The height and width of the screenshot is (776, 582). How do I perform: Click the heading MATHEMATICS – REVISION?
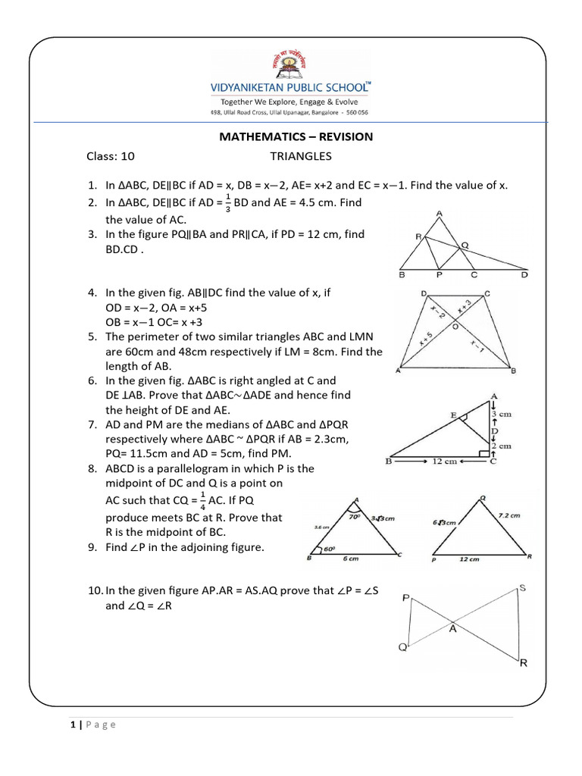pyautogui.click(x=296, y=136)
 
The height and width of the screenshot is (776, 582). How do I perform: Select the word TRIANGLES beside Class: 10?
pyautogui.click(x=301, y=156)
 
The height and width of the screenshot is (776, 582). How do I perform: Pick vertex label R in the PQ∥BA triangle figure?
pyautogui.click(x=418, y=237)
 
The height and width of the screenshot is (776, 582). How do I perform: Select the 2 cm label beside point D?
pyautogui.click(x=502, y=446)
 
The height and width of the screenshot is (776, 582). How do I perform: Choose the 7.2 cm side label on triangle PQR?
pyautogui.click(x=509, y=515)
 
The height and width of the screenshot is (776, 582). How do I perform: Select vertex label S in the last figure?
pyautogui.click(x=523, y=588)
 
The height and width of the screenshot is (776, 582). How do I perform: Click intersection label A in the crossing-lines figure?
pyautogui.click(x=453, y=627)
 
